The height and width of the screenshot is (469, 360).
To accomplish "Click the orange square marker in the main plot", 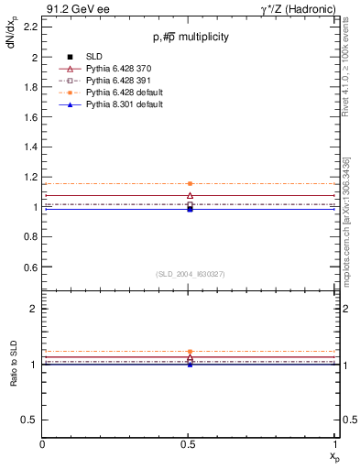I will [190, 183].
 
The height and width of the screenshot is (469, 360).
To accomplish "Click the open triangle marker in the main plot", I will [190, 196].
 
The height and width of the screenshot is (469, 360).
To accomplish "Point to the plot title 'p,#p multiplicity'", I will [190, 38].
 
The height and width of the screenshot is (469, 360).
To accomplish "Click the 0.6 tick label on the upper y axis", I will [31, 267].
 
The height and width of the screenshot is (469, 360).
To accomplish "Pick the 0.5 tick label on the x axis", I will [189, 444].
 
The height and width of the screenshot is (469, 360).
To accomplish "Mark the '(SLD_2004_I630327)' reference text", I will [190, 275].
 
